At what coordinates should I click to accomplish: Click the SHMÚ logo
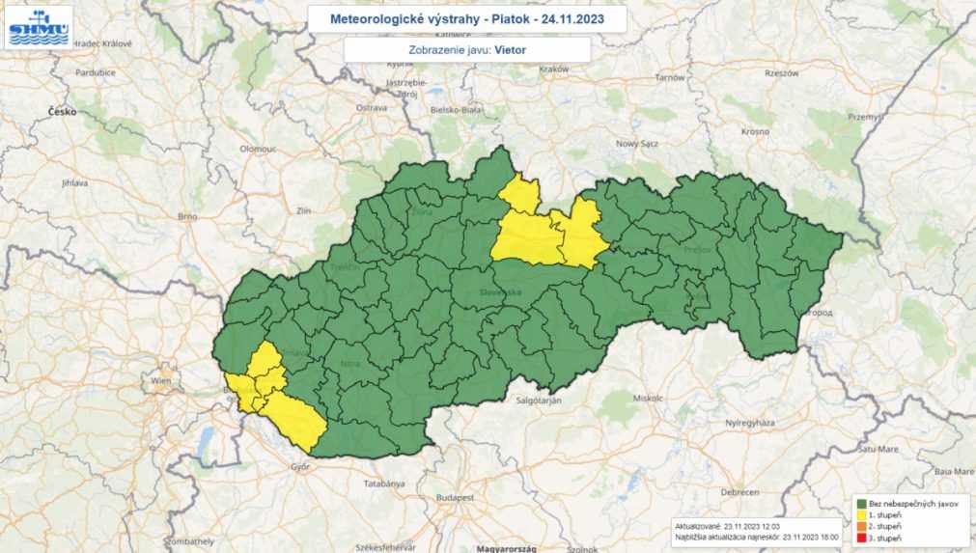pos(38,27)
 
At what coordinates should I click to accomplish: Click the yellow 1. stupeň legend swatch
pos(859,516)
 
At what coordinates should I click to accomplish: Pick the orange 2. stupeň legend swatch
pos(859,527)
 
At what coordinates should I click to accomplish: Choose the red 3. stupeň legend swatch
pos(859,539)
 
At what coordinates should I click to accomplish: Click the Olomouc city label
pos(258,149)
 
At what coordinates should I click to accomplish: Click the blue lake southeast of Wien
pos(205,443)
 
